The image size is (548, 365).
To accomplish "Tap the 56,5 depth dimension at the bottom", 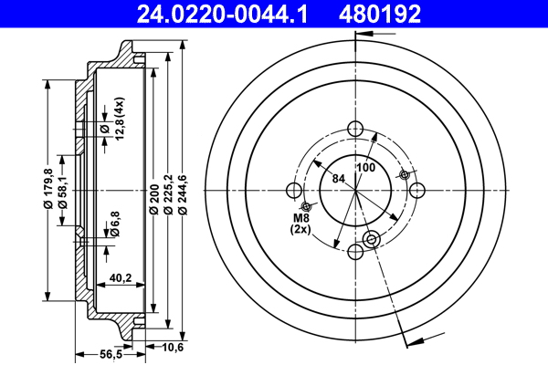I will point(111,354).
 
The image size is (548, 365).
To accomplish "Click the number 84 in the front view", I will point(339,178).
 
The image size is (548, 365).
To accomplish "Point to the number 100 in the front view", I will point(365,168).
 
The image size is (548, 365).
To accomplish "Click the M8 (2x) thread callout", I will point(301,223).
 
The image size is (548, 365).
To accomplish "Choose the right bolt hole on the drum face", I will point(418,189).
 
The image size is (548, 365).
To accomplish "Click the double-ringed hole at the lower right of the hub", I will point(371,239).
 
